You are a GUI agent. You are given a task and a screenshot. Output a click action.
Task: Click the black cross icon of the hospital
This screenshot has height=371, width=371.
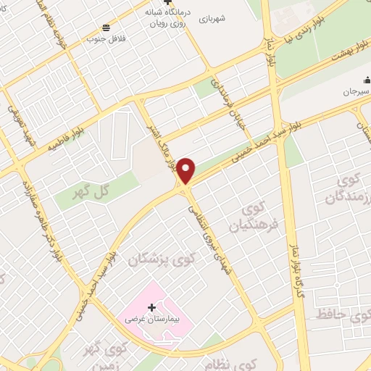[151, 308]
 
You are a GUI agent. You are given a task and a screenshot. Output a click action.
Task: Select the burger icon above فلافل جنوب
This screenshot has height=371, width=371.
[106, 27]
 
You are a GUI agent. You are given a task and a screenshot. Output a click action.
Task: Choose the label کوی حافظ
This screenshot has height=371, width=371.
[341, 315]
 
